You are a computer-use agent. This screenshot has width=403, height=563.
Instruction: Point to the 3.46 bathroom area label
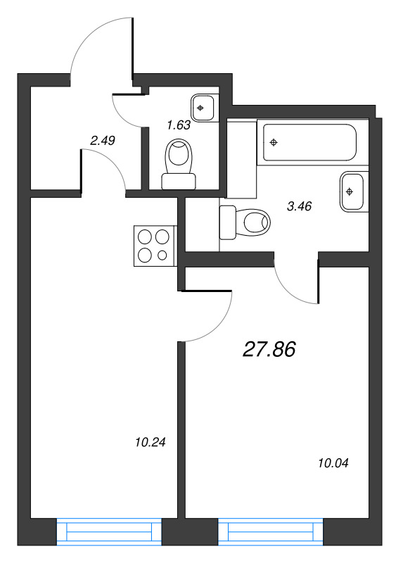pos(300,207)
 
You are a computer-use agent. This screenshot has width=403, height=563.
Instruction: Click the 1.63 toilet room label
pos(178,125)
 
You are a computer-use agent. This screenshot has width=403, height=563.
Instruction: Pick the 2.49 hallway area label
pos(103,140)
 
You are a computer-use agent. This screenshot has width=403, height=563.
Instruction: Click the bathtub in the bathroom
pos(309,143)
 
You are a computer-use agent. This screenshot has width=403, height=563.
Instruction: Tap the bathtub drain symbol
pos(274,142)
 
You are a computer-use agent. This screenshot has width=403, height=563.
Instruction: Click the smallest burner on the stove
pos(164,255)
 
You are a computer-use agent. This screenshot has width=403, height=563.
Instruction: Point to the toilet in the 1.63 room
pos(179,165)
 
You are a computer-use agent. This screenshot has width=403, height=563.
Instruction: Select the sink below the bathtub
pos(352,191)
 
